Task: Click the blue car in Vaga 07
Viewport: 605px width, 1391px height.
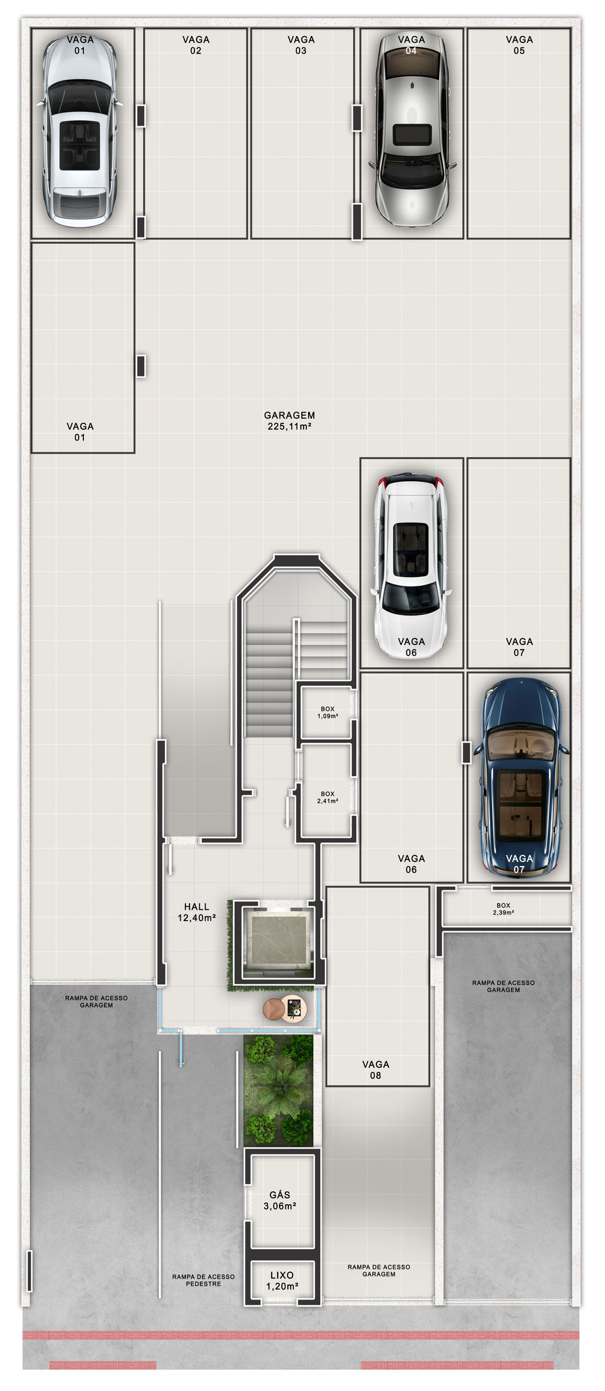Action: (x=521, y=777)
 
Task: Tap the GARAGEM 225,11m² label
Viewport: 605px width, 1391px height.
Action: (x=290, y=420)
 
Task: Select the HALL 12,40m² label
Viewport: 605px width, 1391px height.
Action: (x=197, y=912)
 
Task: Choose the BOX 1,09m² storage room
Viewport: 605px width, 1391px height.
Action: (x=327, y=712)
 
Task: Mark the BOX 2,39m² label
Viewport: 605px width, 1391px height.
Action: (x=503, y=909)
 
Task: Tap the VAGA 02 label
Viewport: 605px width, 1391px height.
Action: (x=196, y=45)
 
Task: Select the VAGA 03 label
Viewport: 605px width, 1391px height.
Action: (x=301, y=45)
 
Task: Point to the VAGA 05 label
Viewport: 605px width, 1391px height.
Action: (x=519, y=45)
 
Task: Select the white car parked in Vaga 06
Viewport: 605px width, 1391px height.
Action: (x=411, y=566)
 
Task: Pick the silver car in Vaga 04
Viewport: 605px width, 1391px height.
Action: (x=411, y=129)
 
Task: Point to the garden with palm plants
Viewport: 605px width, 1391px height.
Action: (x=278, y=1091)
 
